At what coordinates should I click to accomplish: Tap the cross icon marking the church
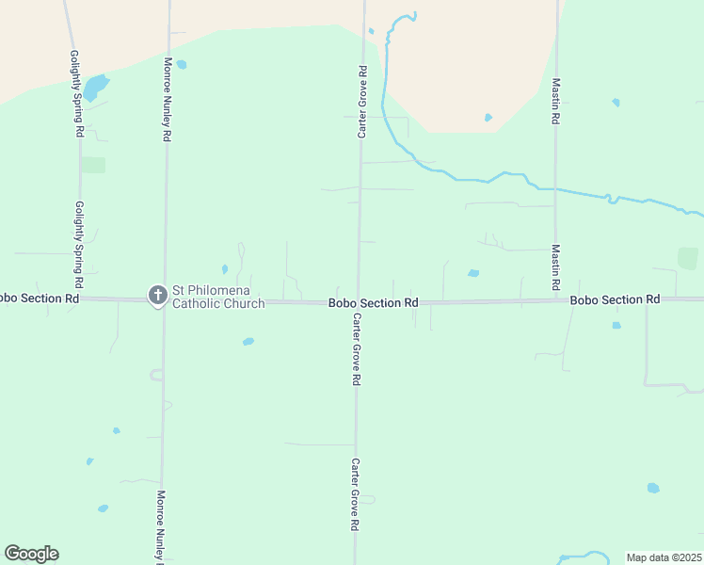tap(157, 296)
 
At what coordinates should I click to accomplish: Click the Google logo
tap(31, 554)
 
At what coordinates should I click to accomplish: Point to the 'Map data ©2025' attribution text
tap(664, 557)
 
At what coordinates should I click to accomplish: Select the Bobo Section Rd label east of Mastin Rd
tap(615, 299)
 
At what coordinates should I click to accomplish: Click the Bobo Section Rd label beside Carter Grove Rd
tap(373, 303)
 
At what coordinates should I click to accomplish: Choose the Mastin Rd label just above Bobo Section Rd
tap(556, 267)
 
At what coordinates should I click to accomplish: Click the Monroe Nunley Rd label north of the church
tap(167, 99)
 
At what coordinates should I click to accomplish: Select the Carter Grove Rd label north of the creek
tap(361, 102)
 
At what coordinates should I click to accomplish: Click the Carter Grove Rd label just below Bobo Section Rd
tap(357, 349)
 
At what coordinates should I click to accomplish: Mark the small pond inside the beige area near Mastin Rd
tap(488, 118)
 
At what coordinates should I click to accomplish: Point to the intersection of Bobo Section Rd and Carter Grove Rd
tap(358, 302)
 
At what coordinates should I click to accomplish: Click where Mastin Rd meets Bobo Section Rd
tap(555, 300)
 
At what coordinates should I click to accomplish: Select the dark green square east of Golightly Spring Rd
tap(93, 165)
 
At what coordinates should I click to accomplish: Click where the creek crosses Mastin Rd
tap(555, 189)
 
